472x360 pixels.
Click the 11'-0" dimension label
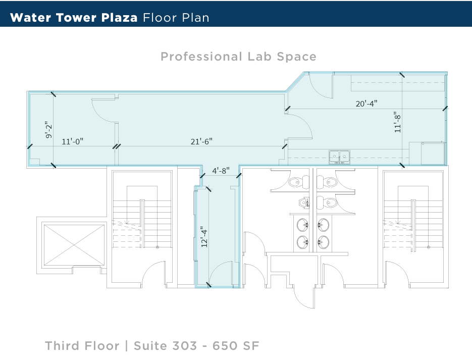pyautogui.click(x=72, y=142)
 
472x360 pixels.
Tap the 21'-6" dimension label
pyautogui.click(x=201, y=142)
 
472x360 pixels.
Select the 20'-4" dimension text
pyautogui.click(x=366, y=104)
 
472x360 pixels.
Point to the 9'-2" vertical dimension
pyautogui.click(x=48, y=130)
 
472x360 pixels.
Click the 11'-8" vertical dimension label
pyautogui.click(x=397, y=122)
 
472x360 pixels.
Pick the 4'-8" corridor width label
pyautogui.click(x=221, y=171)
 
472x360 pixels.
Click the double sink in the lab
pyautogui.click(x=340, y=157)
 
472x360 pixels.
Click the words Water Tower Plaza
pyautogui.click(x=74, y=18)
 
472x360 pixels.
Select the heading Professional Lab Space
pyautogui.click(x=238, y=57)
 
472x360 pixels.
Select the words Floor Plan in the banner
pyautogui.click(x=176, y=18)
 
